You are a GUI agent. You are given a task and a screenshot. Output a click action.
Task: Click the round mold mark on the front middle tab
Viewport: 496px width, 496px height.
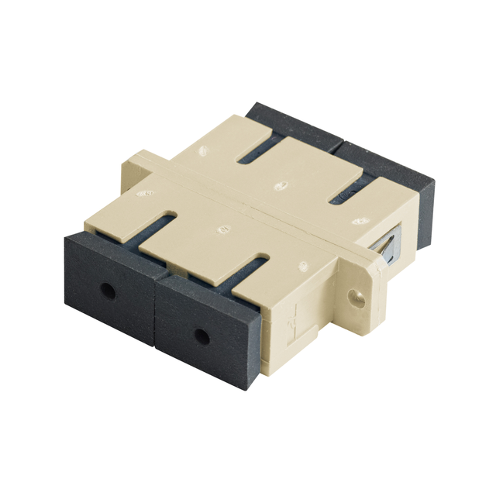(x=223, y=229)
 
